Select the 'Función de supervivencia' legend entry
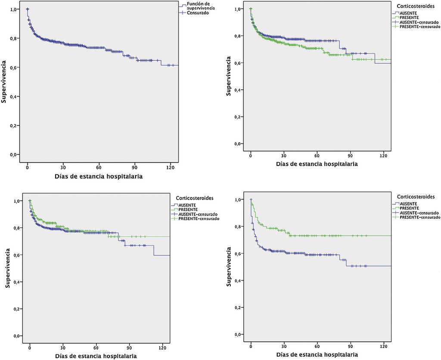(201, 6)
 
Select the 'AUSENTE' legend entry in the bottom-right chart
(409, 203)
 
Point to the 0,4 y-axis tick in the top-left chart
(13, 96)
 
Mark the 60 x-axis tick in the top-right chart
(317, 155)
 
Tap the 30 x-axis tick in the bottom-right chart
(284, 346)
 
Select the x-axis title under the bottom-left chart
(96, 356)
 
